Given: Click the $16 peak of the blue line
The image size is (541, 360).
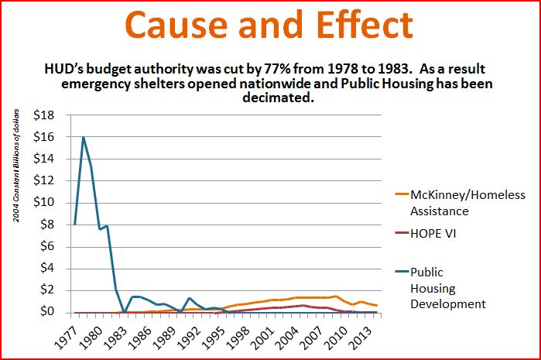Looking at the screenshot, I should (x=83, y=138).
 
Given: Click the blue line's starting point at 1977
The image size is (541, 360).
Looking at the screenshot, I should (x=74, y=225).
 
